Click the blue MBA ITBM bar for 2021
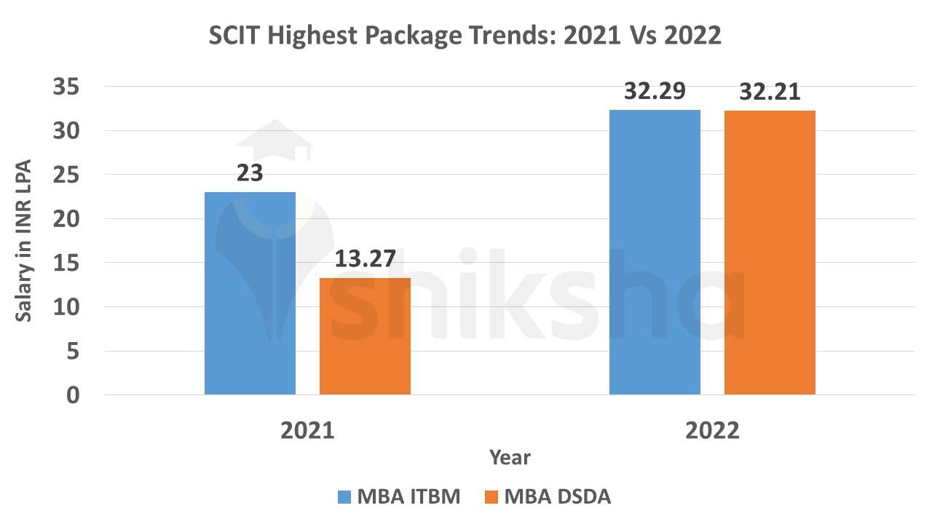(x=250, y=293)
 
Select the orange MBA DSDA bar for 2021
(x=365, y=336)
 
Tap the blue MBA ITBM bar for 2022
(x=655, y=253)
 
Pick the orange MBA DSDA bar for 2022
(x=770, y=253)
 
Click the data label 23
(x=250, y=174)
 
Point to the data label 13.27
(x=365, y=260)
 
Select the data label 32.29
(x=655, y=92)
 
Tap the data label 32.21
(x=770, y=92)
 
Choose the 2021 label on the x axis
(x=307, y=430)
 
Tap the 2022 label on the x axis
(x=712, y=430)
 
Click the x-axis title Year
(x=510, y=458)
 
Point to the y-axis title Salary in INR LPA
(x=23, y=241)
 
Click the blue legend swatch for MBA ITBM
(x=345, y=497)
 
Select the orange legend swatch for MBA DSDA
(x=491, y=497)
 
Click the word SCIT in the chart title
(x=235, y=36)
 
